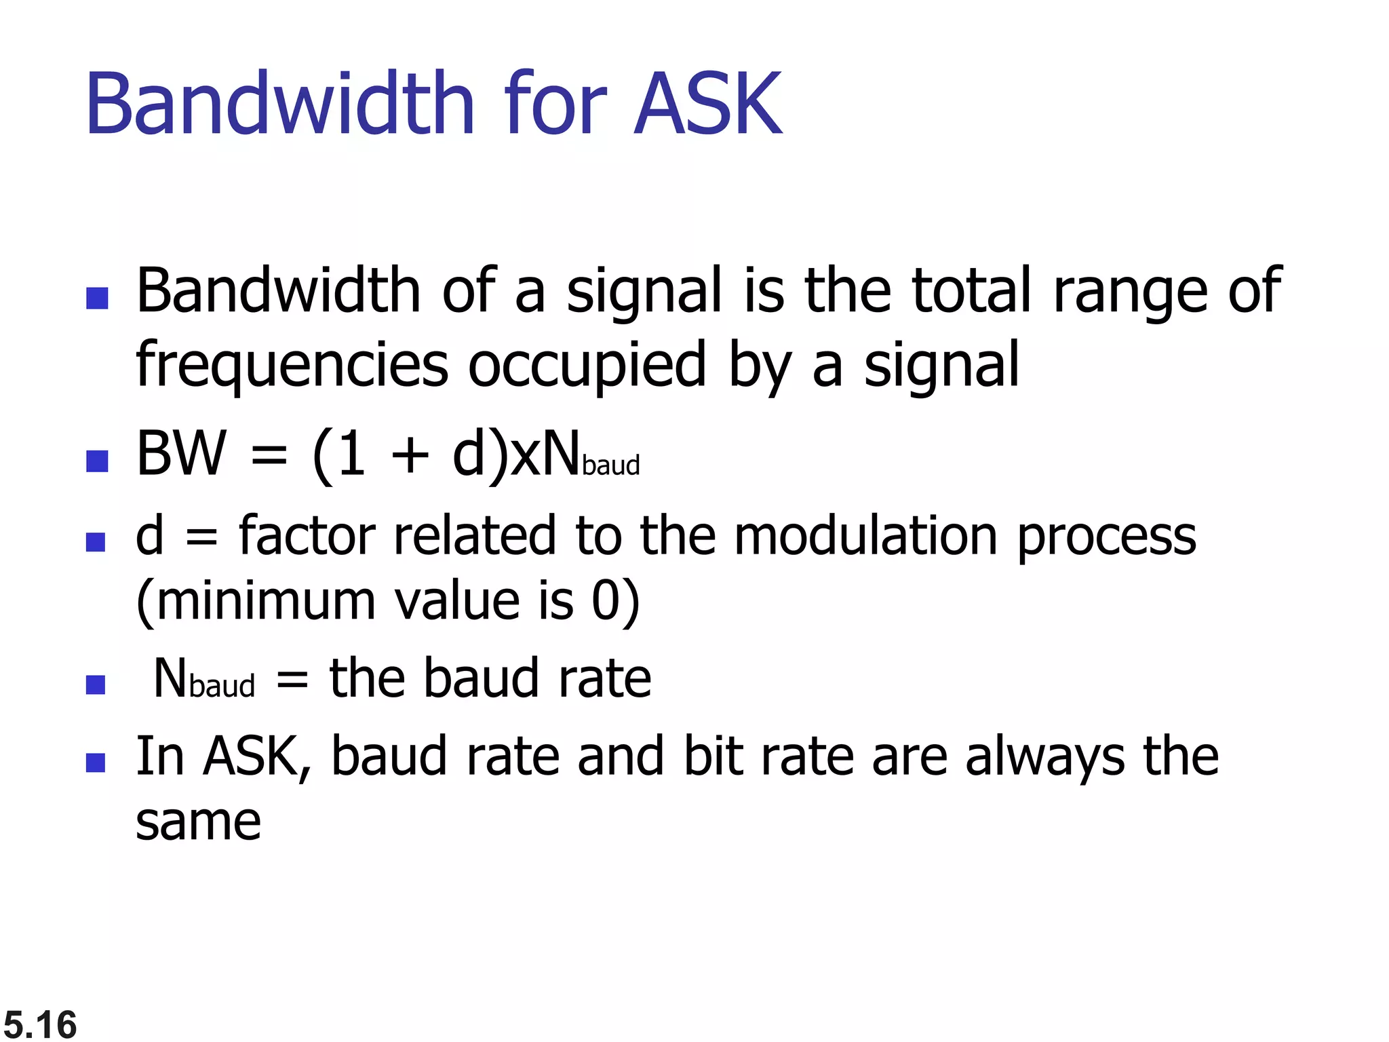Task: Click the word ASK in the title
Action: tap(707, 104)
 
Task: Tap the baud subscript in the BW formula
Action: tap(610, 465)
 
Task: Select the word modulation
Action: tap(865, 536)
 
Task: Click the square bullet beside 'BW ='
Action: tap(98, 461)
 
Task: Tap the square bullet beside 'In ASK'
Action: tap(96, 763)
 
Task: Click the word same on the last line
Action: tap(198, 822)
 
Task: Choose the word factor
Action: tap(307, 536)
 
